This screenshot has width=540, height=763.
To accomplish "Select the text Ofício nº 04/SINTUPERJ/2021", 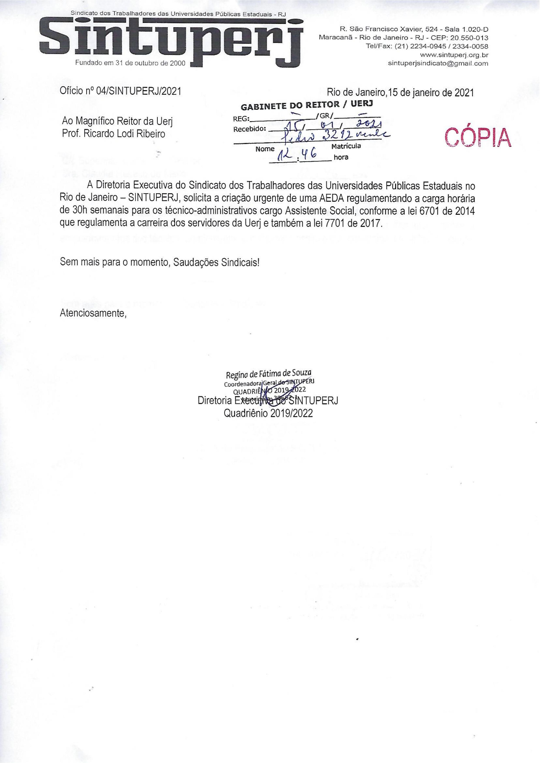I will [121, 91].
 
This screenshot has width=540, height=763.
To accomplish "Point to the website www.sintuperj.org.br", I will [454, 55].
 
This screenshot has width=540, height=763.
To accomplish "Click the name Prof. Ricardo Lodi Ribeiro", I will [113, 134].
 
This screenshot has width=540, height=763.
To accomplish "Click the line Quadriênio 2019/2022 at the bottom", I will [269, 413].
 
